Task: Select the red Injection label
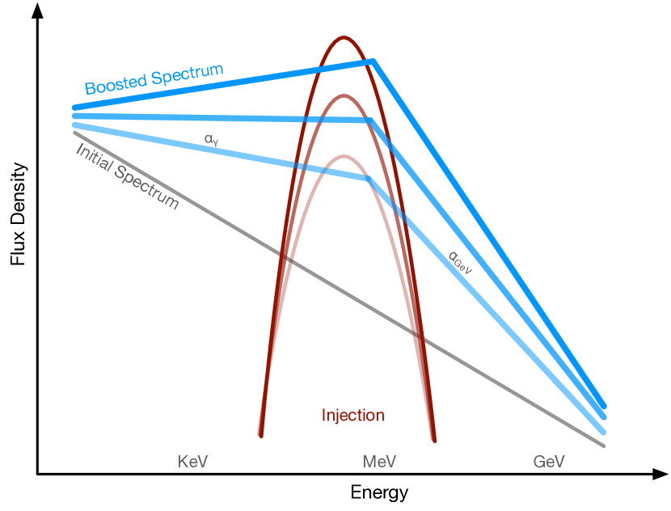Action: (x=353, y=416)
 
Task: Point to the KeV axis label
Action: (x=193, y=461)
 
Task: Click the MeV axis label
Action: (x=379, y=461)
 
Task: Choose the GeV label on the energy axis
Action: (x=549, y=461)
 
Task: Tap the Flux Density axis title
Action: (x=18, y=214)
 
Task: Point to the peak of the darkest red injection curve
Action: (x=344, y=37)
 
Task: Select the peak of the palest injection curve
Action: (x=344, y=155)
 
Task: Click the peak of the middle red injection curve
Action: (x=344, y=96)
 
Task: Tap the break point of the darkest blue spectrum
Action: (x=373, y=61)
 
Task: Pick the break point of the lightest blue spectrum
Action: (x=369, y=179)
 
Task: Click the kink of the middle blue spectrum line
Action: (x=370, y=120)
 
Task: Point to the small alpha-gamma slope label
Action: (x=212, y=140)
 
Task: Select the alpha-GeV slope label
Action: (x=459, y=264)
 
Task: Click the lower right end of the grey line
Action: (x=603, y=445)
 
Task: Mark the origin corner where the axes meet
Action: (x=37, y=474)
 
